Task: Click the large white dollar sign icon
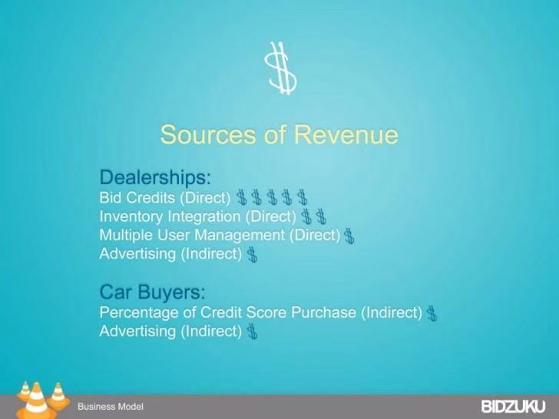(281, 68)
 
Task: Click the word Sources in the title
(208, 134)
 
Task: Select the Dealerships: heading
(155, 177)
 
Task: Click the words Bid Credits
(137, 197)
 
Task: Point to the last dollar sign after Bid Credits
(303, 197)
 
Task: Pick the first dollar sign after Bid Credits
(242, 197)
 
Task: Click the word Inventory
(131, 216)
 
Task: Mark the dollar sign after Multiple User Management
(349, 236)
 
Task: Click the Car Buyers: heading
(153, 292)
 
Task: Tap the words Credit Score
(243, 312)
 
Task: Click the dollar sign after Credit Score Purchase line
(432, 313)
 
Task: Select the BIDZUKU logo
(514, 407)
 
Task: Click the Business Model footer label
(111, 407)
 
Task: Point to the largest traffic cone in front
(36, 402)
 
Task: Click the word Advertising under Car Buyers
(137, 332)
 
